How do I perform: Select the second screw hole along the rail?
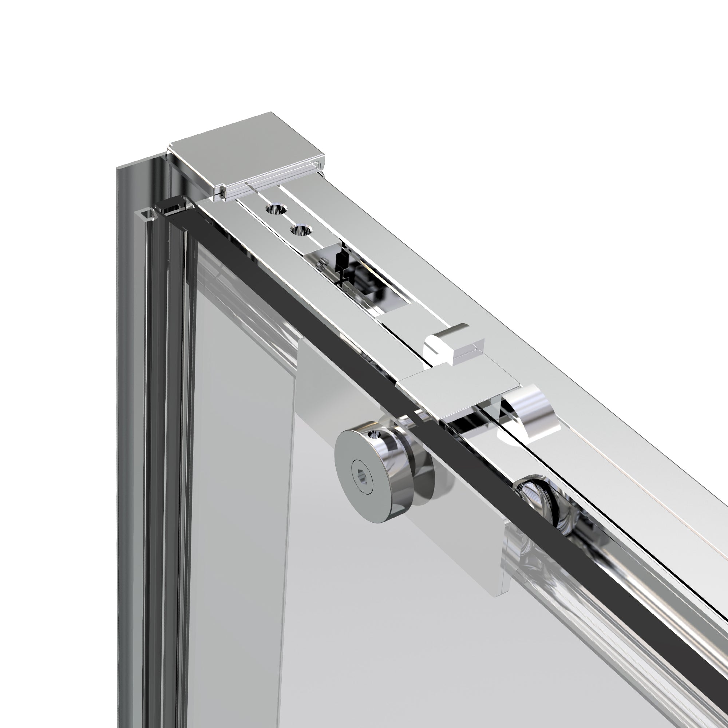[301, 229]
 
